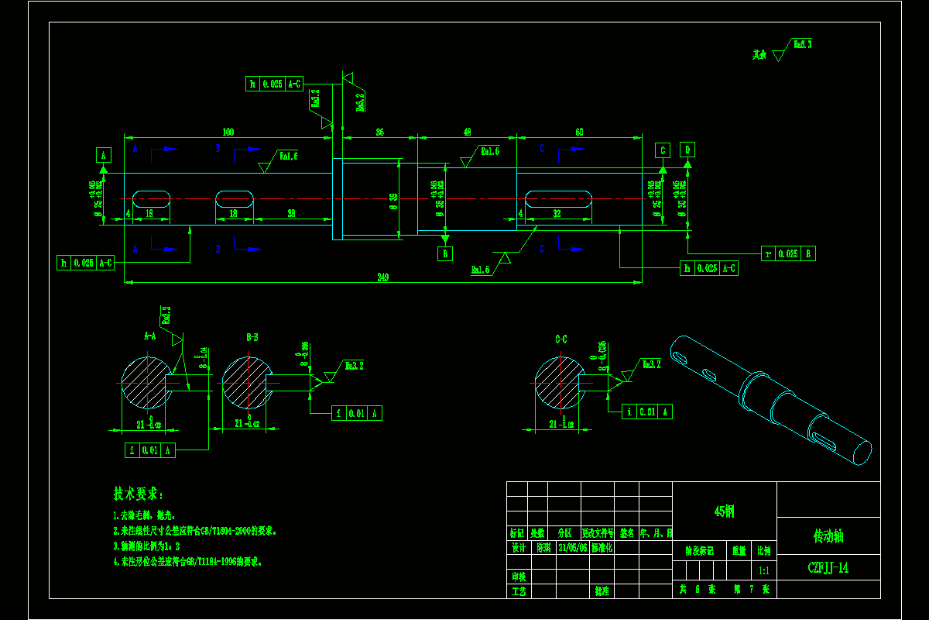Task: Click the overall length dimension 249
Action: point(382,277)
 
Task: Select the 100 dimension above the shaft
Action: point(228,132)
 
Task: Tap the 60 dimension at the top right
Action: point(580,132)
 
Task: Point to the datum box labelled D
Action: point(687,150)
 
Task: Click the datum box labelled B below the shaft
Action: point(444,253)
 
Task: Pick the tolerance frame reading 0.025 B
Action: point(788,253)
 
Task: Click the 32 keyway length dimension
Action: point(557,212)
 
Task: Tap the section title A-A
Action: point(149,338)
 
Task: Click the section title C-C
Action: point(561,339)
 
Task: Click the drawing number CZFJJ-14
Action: point(828,568)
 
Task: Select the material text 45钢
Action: point(724,511)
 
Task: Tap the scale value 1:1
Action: point(763,571)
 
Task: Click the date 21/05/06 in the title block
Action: point(573,546)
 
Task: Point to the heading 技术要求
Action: point(139,494)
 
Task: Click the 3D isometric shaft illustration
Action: point(770,399)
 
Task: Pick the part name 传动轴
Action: point(828,536)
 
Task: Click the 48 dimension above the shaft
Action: point(467,132)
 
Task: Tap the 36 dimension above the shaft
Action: point(379,132)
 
